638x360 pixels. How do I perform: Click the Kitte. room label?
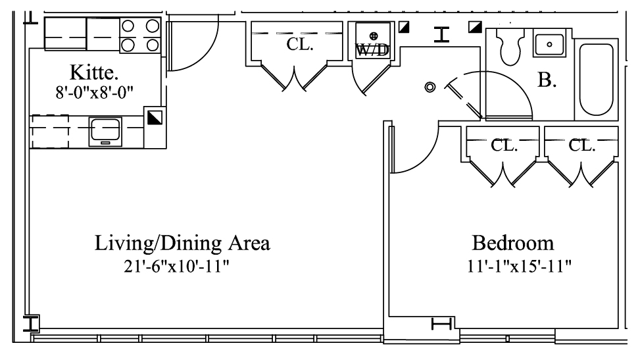[x=94, y=73]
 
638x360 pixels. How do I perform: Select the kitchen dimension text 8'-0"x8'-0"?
[x=95, y=92]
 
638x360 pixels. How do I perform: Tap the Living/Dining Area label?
[x=182, y=243]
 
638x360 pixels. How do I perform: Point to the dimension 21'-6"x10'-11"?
[x=176, y=267]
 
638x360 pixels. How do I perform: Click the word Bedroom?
[x=512, y=243]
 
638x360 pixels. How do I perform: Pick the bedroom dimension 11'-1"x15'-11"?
[x=519, y=267]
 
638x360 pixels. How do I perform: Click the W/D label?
[x=372, y=51]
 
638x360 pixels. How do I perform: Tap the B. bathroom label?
[x=547, y=80]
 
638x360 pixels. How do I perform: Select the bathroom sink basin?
[x=549, y=44]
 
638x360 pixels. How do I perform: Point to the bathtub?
[x=596, y=80]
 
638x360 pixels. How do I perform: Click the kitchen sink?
[x=105, y=132]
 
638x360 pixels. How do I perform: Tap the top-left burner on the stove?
[x=128, y=26]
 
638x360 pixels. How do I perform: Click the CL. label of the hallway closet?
[x=299, y=44]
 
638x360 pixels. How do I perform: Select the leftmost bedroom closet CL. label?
[x=504, y=145]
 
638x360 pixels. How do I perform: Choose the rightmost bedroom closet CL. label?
[x=582, y=145]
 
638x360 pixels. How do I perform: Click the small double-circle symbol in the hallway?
[x=430, y=87]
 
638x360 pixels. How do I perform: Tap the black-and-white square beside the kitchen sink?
[x=155, y=118]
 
